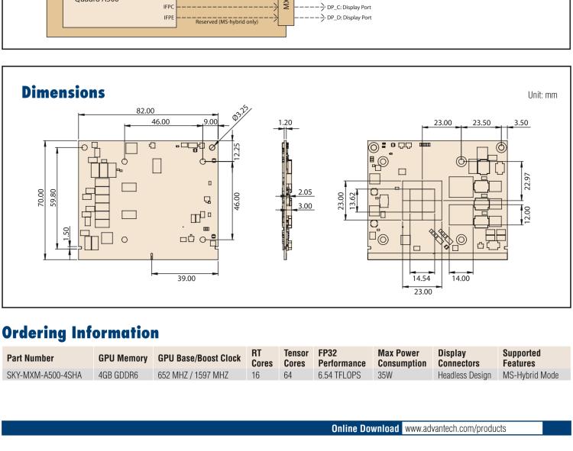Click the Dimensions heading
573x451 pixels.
(x=63, y=92)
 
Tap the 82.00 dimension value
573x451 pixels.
(x=145, y=111)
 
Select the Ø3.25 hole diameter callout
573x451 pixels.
(x=241, y=113)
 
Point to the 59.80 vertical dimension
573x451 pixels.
(x=53, y=198)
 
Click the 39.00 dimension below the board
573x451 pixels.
(x=186, y=279)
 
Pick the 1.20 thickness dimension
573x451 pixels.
(x=285, y=123)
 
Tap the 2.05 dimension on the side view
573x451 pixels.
(x=305, y=192)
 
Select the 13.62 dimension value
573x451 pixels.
(x=352, y=201)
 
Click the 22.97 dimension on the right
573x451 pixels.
(x=527, y=182)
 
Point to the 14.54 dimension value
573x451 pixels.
(x=421, y=279)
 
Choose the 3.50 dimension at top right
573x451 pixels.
(x=521, y=123)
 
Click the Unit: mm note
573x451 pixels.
(x=542, y=95)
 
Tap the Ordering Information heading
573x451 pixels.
(x=80, y=333)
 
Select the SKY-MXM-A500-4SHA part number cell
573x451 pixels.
(x=44, y=375)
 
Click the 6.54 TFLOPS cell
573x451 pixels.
(x=339, y=375)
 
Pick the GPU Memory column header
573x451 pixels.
(x=123, y=359)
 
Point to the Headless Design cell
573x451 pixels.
(x=465, y=375)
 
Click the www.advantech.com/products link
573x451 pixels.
(x=455, y=428)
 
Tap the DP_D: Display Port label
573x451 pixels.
(x=349, y=18)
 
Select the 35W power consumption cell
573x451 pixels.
(x=385, y=375)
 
